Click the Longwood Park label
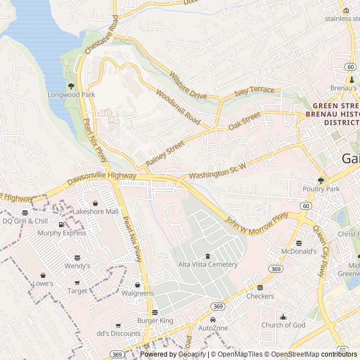[71, 94]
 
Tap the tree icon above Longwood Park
[71, 86]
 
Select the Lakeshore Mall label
[96, 211]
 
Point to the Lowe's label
[43, 283]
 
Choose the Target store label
[78, 291]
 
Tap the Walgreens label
[137, 293]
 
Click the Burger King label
[155, 321]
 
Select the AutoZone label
[213, 328]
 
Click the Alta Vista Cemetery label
[208, 264]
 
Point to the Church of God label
[283, 325]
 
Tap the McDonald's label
[299, 251]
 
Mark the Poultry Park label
[321, 189]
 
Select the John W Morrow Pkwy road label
[257, 224]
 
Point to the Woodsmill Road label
[178, 107]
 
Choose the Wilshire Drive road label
[188, 86]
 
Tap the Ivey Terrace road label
[254, 91]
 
